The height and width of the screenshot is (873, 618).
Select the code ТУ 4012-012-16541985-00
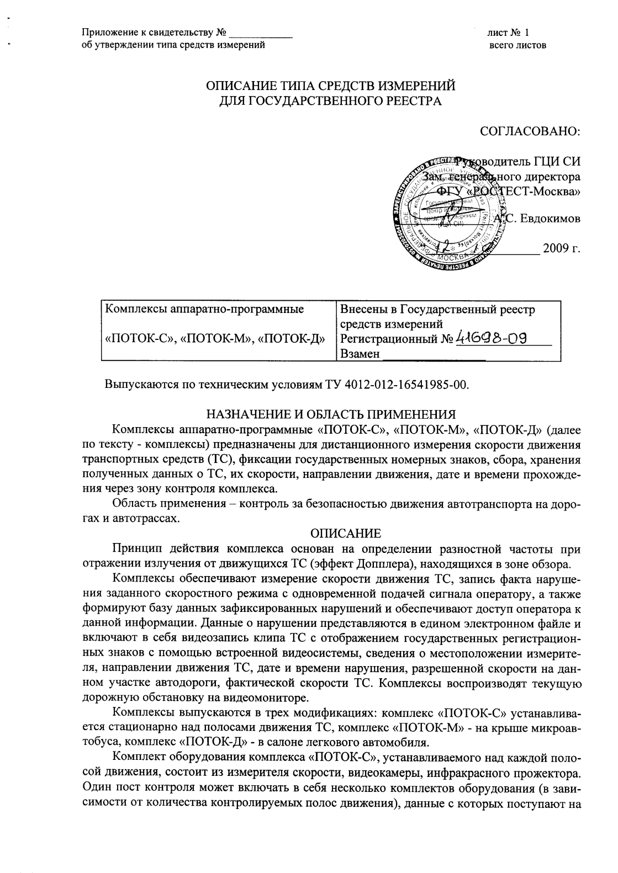[x=394, y=384]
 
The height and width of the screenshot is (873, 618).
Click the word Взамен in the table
[x=361, y=354]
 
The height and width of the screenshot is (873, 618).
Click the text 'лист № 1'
[x=508, y=33]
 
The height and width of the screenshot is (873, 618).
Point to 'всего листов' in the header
[x=517, y=45]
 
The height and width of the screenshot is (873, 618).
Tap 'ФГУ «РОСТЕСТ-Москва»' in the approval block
[x=509, y=191]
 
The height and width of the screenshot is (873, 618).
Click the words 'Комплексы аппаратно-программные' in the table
[x=204, y=309]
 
